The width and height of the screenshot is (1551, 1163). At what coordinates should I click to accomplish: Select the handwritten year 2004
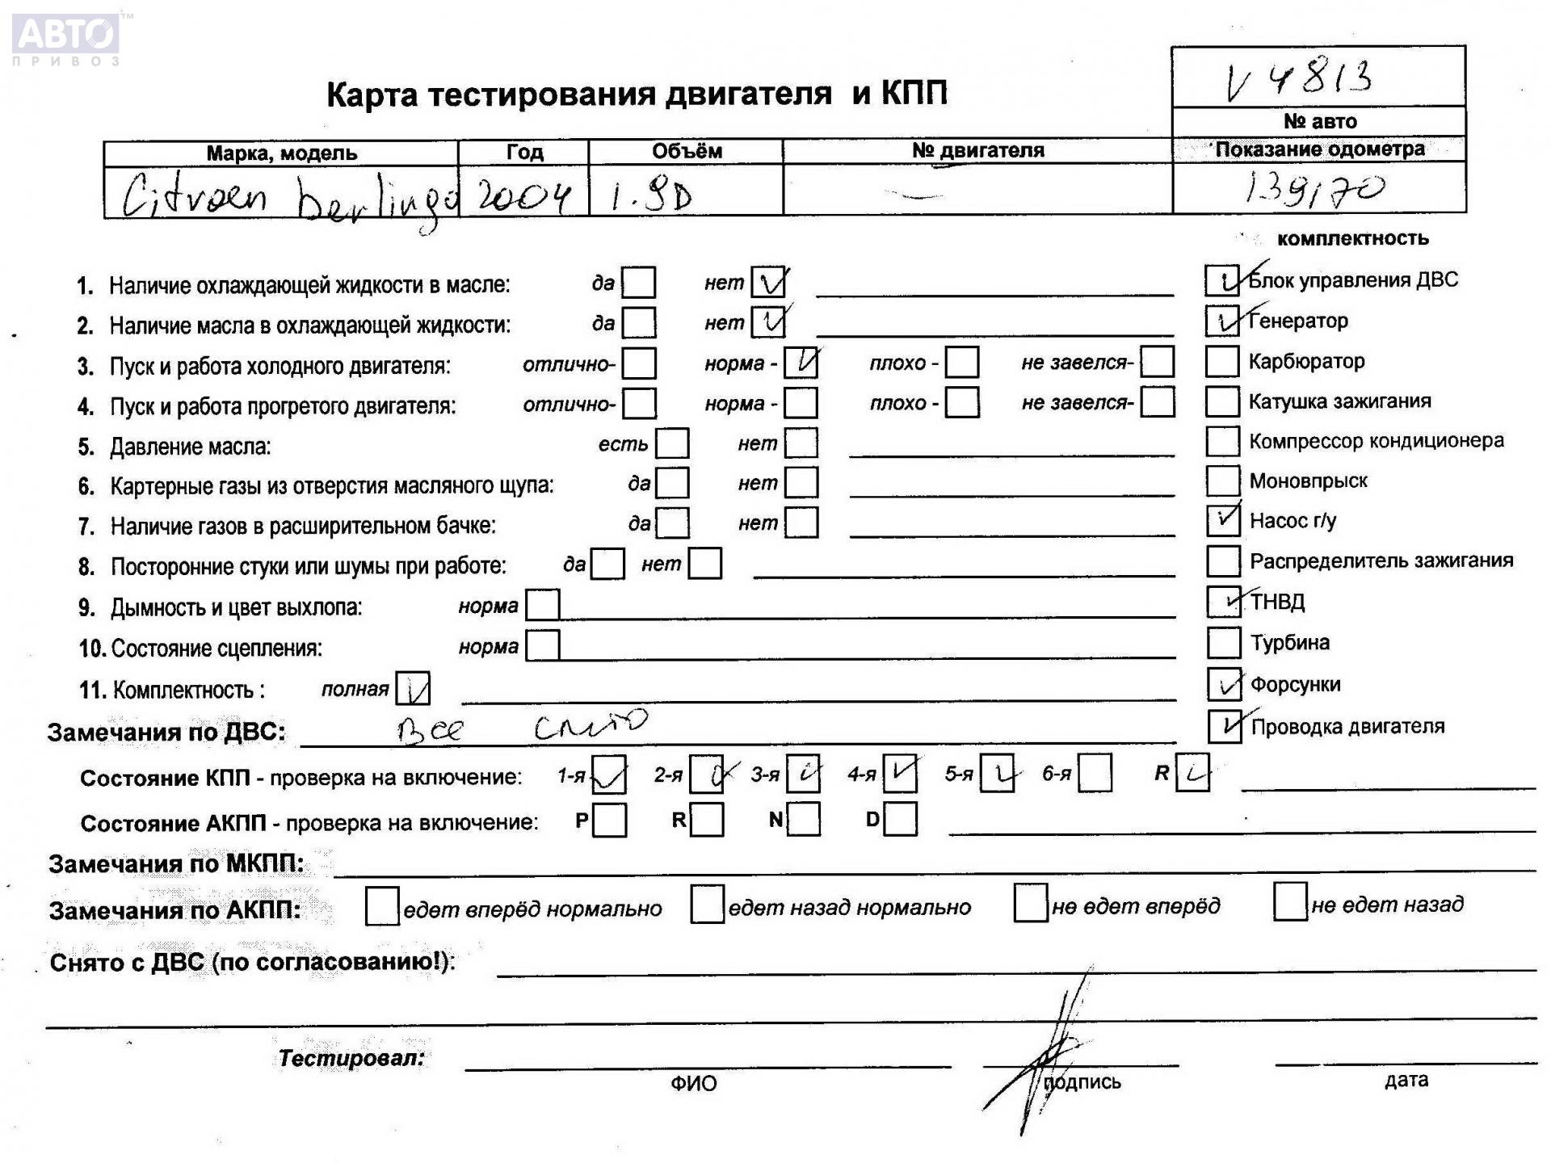pyautogui.click(x=523, y=195)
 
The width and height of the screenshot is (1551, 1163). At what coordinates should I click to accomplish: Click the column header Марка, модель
pyautogui.click(x=281, y=153)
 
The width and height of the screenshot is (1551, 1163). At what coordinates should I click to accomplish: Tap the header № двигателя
pyautogui.click(x=977, y=150)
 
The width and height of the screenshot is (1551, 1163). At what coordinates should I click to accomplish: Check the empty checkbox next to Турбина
pyautogui.click(x=1223, y=643)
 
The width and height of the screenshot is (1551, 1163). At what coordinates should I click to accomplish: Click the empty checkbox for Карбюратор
pyautogui.click(x=1221, y=361)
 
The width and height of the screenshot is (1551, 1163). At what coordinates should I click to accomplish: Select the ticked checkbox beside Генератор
pyautogui.click(x=1222, y=321)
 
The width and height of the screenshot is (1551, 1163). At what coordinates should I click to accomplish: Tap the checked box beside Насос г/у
pyautogui.click(x=1223, y=520)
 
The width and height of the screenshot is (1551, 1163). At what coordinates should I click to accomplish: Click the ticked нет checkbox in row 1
pyautogui.click(x=768, y=283)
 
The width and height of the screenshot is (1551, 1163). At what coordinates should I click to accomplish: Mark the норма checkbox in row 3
pyautogui.click(x=801, y=363)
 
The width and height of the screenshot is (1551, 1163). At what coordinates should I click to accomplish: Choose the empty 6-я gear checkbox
pyautogui.click(x=1095, y=774)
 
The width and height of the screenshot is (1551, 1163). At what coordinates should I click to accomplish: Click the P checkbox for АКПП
pyautogui.click(x=609, y=821)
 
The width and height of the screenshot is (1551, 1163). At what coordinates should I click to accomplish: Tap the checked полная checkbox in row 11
pyautogui.click(x=413, y=689)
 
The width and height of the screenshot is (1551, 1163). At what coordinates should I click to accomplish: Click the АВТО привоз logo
pyautogui.click(x=66, y=39)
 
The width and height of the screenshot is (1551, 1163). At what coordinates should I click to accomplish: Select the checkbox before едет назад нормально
pyautogui.click(x=707, y=905)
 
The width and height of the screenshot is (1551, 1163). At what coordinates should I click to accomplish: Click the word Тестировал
pyautogui.click(x=351, y=1058)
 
